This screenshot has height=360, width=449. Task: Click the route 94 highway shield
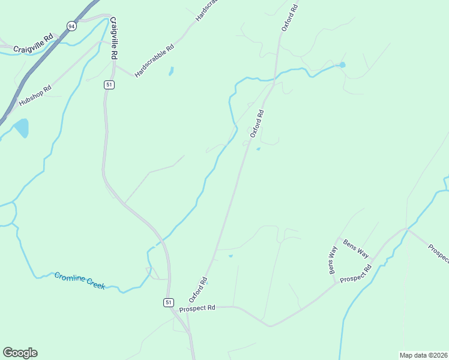72,26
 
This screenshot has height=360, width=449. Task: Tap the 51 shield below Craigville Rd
109,85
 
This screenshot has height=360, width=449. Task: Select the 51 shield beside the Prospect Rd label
169,302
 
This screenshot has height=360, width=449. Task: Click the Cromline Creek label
80,280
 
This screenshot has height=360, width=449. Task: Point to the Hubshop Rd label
35,95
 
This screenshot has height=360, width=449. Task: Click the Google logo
20,353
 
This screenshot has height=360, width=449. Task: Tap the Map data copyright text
423,355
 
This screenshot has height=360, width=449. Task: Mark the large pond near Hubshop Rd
21,128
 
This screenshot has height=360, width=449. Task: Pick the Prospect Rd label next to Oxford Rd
197,308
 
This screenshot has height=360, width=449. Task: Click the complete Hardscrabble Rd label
154,61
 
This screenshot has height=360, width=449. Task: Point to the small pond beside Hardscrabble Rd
172,71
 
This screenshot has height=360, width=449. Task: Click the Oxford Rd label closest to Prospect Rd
197,289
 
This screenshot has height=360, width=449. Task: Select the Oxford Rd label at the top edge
289,18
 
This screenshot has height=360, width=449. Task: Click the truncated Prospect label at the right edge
438,252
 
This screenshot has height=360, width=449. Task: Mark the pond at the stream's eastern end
342,65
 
